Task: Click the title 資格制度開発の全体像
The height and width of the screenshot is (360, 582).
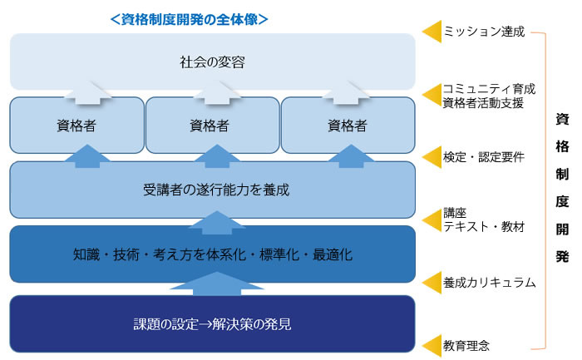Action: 190,19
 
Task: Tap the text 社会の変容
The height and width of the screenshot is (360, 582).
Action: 212,62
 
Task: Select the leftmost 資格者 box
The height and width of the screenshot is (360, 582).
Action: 76,125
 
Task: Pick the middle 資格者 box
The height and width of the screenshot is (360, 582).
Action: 212,125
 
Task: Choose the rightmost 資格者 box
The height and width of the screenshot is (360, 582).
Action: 348,125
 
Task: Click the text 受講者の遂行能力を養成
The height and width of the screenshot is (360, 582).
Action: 216,190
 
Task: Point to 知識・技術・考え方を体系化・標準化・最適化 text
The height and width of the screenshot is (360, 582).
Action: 212,254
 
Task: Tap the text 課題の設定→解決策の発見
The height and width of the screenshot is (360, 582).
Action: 212,324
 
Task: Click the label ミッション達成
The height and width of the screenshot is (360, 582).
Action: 484,32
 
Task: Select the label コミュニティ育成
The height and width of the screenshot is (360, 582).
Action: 489,89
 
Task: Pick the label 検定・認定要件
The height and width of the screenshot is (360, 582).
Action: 484,157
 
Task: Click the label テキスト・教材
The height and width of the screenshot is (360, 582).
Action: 484,226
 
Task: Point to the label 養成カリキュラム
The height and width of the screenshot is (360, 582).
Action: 489,283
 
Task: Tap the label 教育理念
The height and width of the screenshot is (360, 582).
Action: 466,346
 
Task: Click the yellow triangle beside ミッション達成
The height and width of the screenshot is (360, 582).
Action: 433,32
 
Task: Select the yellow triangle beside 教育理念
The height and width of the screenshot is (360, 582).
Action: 433,346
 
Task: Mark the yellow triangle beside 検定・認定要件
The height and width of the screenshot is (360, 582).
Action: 433,157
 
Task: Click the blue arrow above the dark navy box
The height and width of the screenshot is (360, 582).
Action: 217,284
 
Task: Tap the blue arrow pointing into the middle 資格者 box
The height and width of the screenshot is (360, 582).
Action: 217,155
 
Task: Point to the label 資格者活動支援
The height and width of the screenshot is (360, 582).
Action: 483,103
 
